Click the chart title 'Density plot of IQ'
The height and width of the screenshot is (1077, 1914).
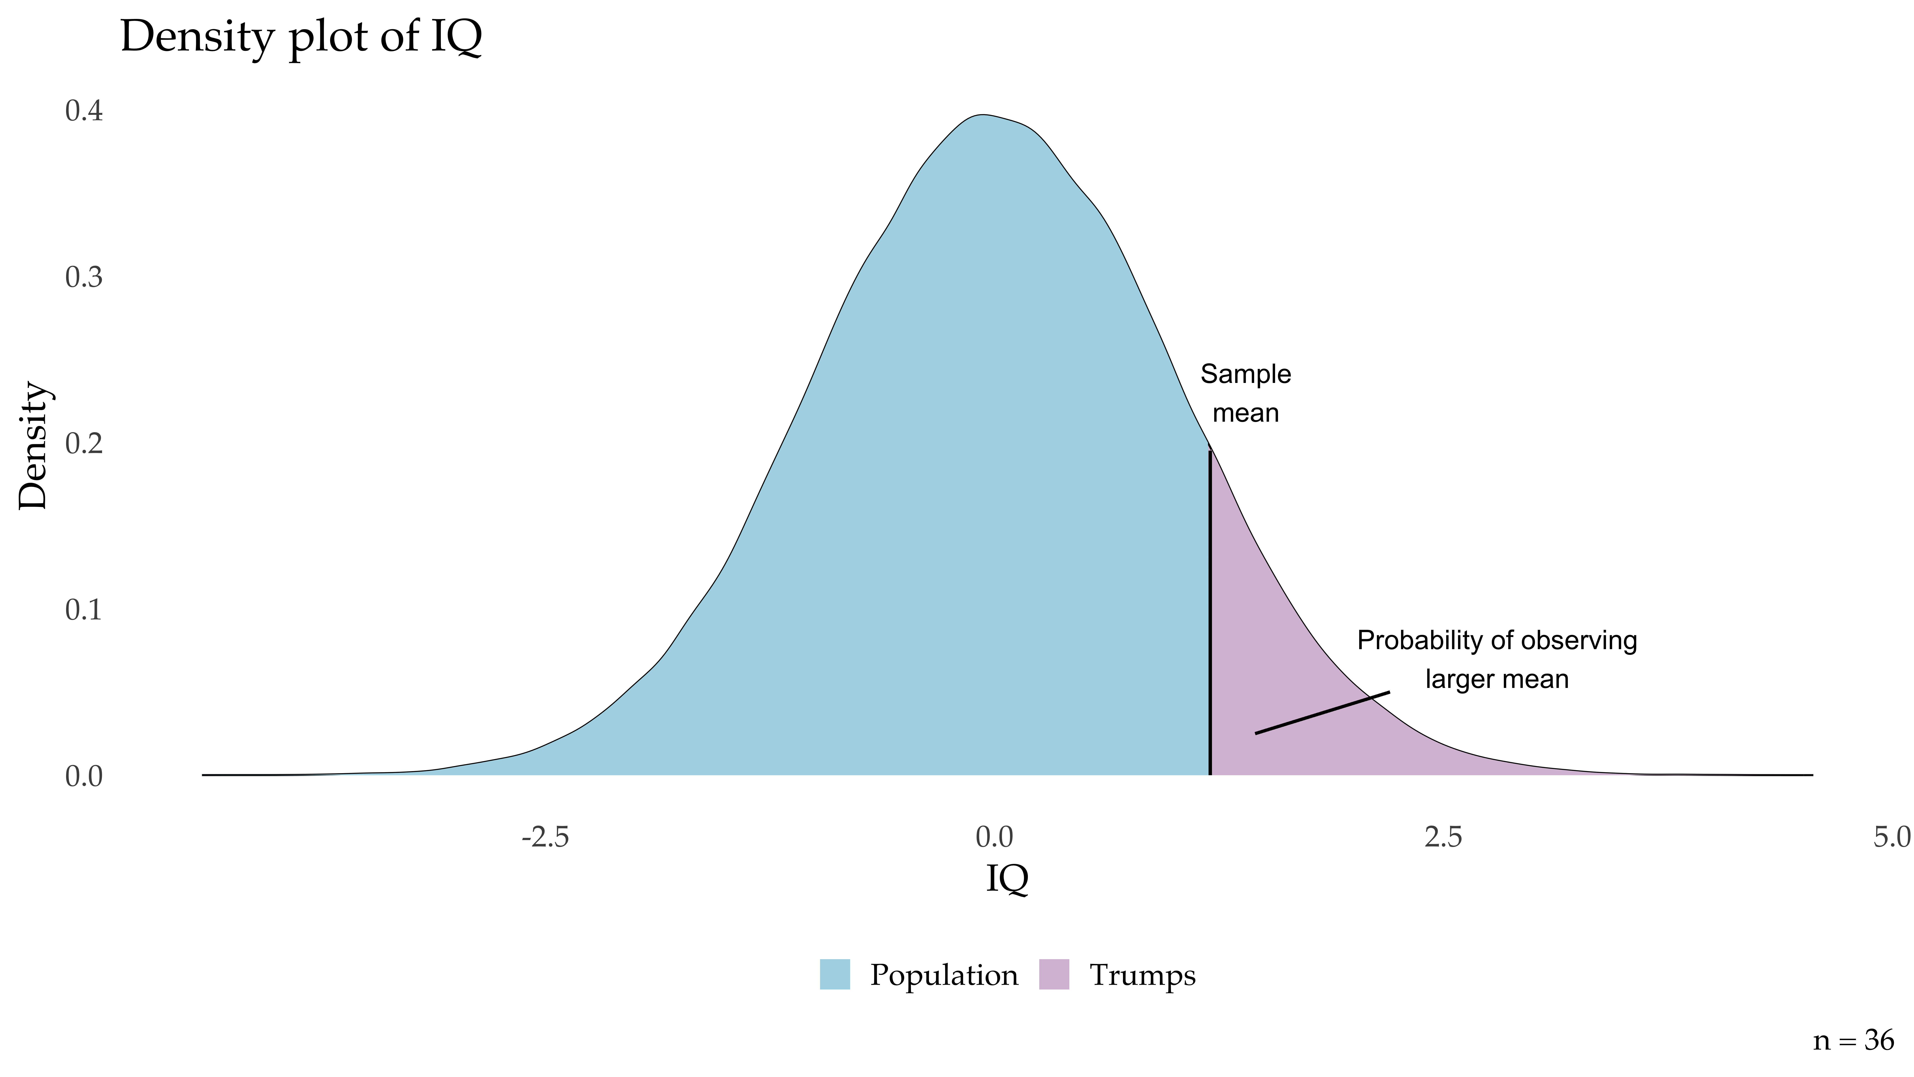(301, 37)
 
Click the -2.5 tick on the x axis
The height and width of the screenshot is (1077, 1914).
(545, 838)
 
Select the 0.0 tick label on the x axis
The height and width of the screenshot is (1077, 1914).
(994, 838)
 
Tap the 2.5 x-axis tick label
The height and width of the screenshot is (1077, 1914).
(1443, 838)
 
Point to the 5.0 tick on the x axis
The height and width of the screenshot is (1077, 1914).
(1891, 838)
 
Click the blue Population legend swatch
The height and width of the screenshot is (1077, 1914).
(834, 974)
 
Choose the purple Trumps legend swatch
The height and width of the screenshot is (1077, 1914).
(1054, 974)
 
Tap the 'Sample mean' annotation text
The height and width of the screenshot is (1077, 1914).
(1245, 393)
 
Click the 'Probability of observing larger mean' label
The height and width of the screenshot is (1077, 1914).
(1496, 659)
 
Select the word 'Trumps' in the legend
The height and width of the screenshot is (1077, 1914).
(1142, 975)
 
